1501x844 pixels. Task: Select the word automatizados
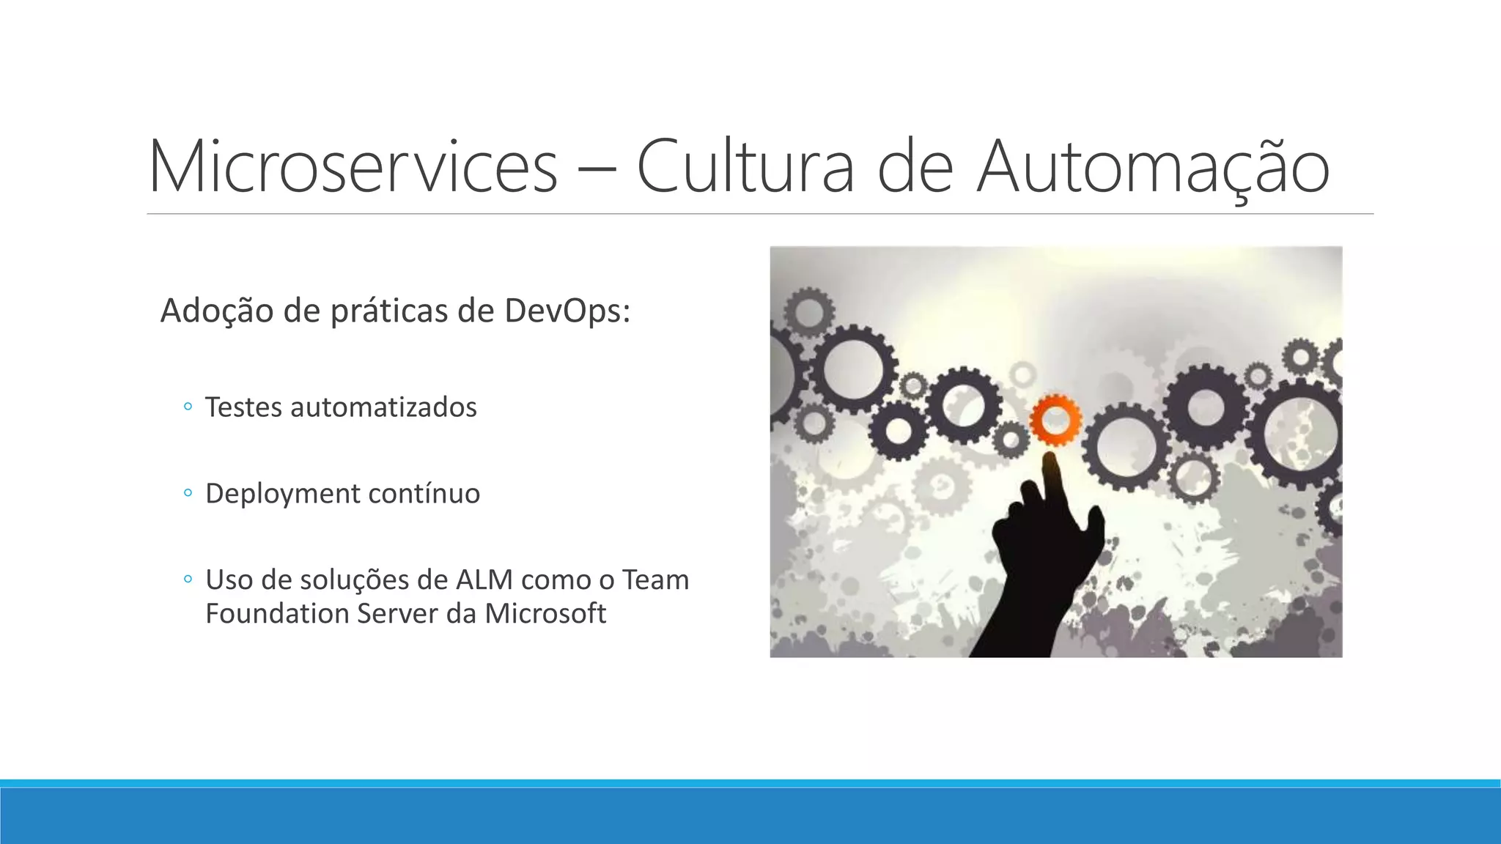tap(383, 407)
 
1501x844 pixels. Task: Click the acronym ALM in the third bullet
tap(484, 580)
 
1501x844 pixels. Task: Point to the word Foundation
tap(276, 613)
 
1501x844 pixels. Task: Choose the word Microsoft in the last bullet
tap(545, 613)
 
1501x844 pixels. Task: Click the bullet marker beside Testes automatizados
tap(188, 407)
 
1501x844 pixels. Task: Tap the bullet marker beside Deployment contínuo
tap(188, 493)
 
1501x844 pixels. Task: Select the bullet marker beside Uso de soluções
tap(188, 580)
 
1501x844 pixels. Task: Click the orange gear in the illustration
tap(1055, 420)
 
